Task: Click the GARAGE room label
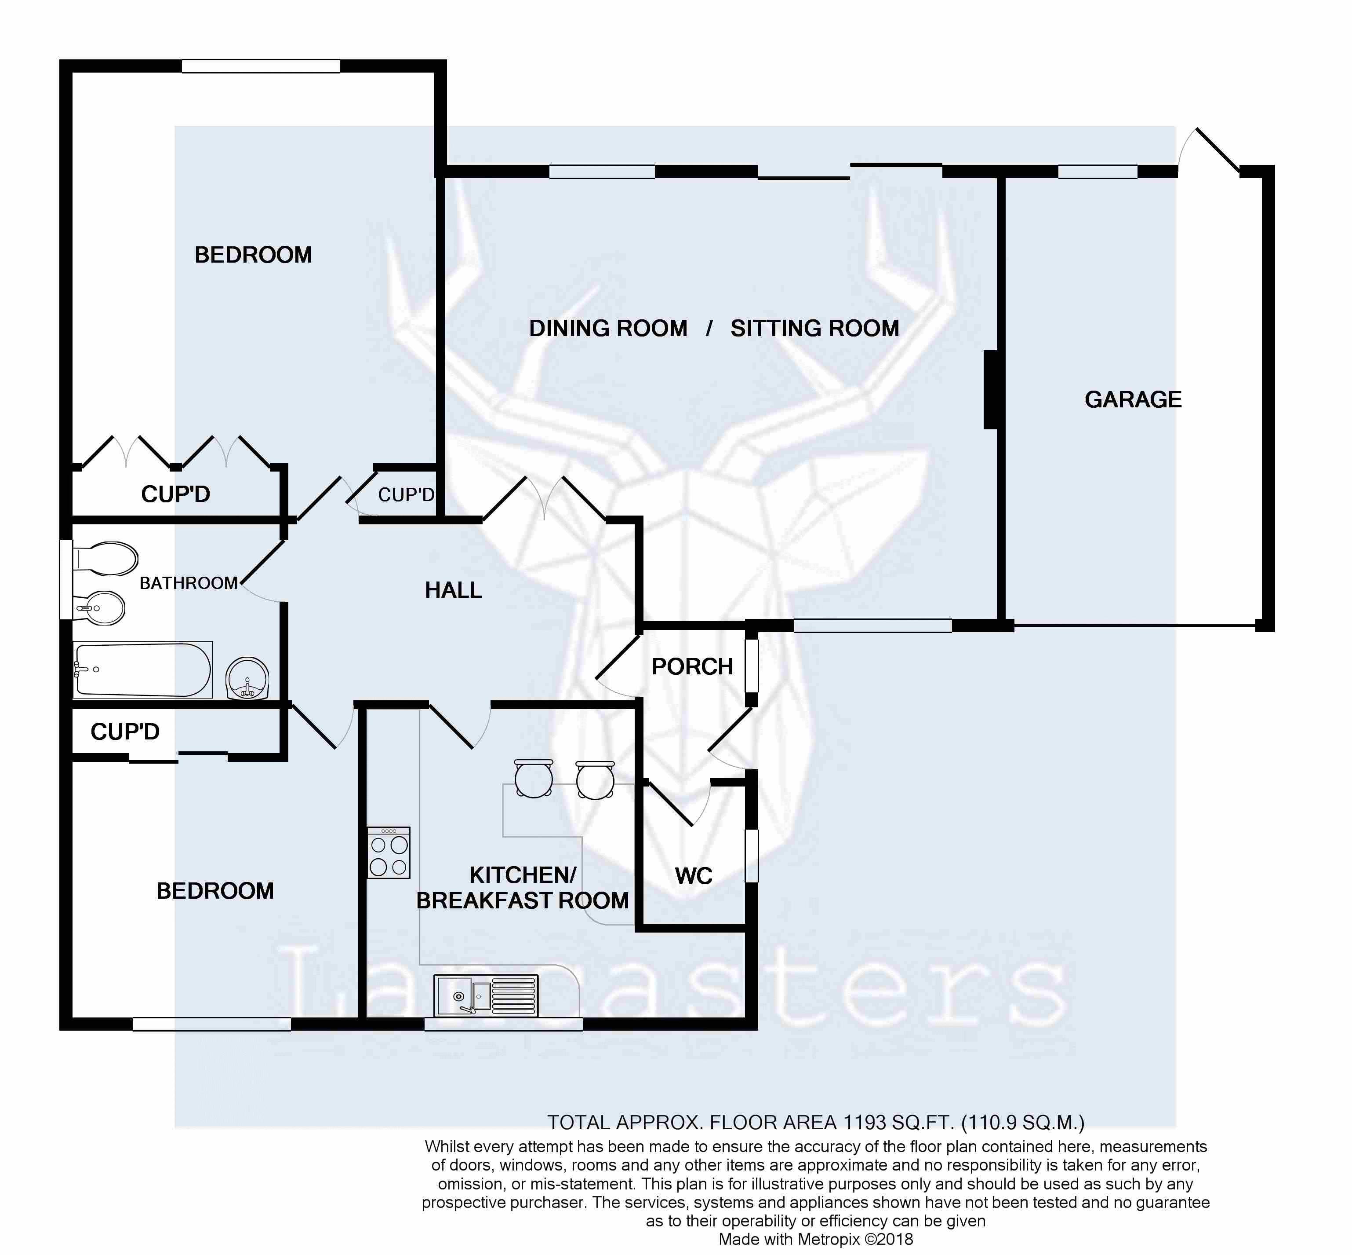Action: pos(1133,399)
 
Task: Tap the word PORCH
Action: pos(692,667)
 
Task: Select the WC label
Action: pos(694,876)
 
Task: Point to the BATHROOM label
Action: pos(189,583)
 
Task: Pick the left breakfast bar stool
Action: pos(534,779)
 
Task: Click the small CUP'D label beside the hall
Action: pos(406,495)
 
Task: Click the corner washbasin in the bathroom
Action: pos(248,678)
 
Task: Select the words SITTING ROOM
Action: pos(814,329)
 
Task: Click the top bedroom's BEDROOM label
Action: pos(253,255)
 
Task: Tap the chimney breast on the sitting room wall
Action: pos(991,390)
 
